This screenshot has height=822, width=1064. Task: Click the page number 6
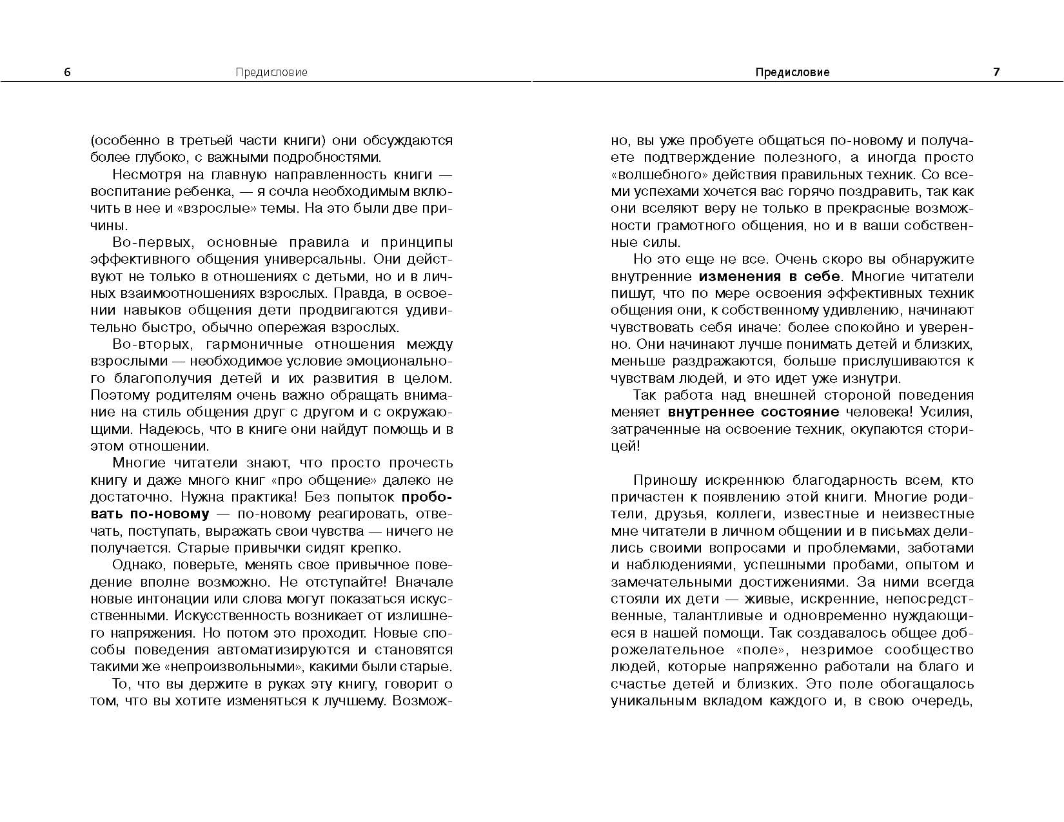68,72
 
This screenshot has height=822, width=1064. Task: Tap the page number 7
996,72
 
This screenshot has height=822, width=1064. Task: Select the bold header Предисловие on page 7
792,72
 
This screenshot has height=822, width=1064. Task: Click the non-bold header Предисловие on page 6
271,72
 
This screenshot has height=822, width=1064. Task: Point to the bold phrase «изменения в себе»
769,277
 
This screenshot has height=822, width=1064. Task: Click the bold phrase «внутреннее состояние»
753,412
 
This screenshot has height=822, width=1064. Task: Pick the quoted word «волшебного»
653,175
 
